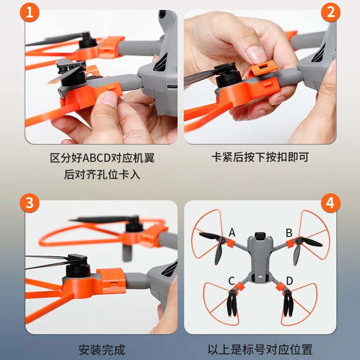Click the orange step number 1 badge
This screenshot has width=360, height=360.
pyautogui.click(x=30, y=13)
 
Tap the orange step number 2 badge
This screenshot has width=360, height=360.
pyautogui.click(x=331, y=13)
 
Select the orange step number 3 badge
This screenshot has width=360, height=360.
pyautogui.click(x=30, y=203)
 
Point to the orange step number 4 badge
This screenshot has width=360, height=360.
pyautogui.click(x=331, y=203)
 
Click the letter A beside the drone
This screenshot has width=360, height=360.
pyautogui.click(x=232, y=233)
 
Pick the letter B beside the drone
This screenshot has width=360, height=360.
pyautogui.click(x=289, y=233)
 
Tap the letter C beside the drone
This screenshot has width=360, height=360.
pyautogui.click(x=231, y=281)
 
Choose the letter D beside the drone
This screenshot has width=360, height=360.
pyautogui.click(x=290, y=281)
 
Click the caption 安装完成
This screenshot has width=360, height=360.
pyautogui.click(x=102, y=350)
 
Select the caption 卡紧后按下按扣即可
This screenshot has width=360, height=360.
pyautogui.click(x=260, y=157)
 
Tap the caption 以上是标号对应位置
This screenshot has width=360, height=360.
pyautogui.click(x=260, y=349)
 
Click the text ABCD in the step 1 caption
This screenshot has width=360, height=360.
pyautogui.click(x=97, y=158)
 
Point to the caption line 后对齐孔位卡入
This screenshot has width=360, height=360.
pyautogui.click(x=102, y=174)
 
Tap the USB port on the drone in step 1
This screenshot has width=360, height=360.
pyautogui.click(x=172, y=87)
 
